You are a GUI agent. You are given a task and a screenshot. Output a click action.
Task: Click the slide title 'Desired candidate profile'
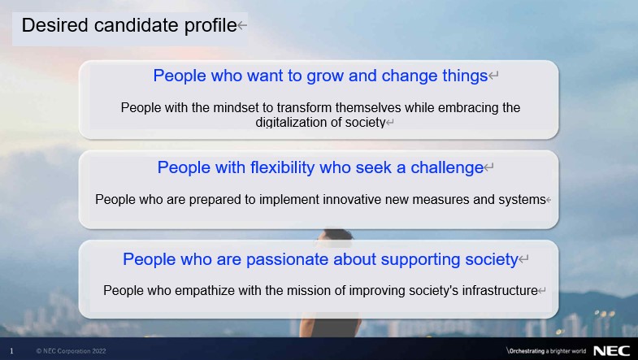pyautogui.click(x=129, y=25)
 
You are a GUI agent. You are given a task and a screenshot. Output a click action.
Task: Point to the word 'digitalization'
pyautogui.click(x=292, y=123)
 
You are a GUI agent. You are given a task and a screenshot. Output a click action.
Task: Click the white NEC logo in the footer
pyautogui.click(x=611, y=351)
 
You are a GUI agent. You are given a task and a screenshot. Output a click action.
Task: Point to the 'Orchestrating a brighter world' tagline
pyautogui.click(x=546, y=351)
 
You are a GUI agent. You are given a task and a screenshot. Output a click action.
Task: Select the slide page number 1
pyautogui.click(x=11, y=351)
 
